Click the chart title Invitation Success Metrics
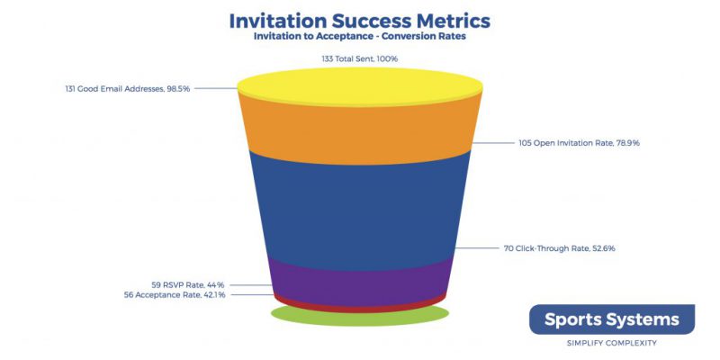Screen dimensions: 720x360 (x=359, y=21)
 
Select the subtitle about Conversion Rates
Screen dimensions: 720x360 (x=359, y=36)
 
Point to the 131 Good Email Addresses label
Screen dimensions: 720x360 (x=128, y=88)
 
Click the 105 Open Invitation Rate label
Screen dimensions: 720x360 (x=580, y=143)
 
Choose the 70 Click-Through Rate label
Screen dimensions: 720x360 (x=559, y=248)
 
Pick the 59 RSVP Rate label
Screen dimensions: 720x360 (x=188, y=284)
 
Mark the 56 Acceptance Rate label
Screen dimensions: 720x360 (x=175, y=295)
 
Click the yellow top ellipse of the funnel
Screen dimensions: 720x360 (x=359, y=86)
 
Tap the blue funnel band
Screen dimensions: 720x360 (x=359, y=211)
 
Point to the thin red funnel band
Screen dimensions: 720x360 (x=359, y=309)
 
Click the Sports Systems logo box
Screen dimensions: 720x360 (x=612, y=319)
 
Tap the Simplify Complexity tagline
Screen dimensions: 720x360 (x=612, y=343)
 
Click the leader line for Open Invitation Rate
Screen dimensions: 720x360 (x=493, y=143)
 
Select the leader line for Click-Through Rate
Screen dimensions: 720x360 (x=478, y=248)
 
